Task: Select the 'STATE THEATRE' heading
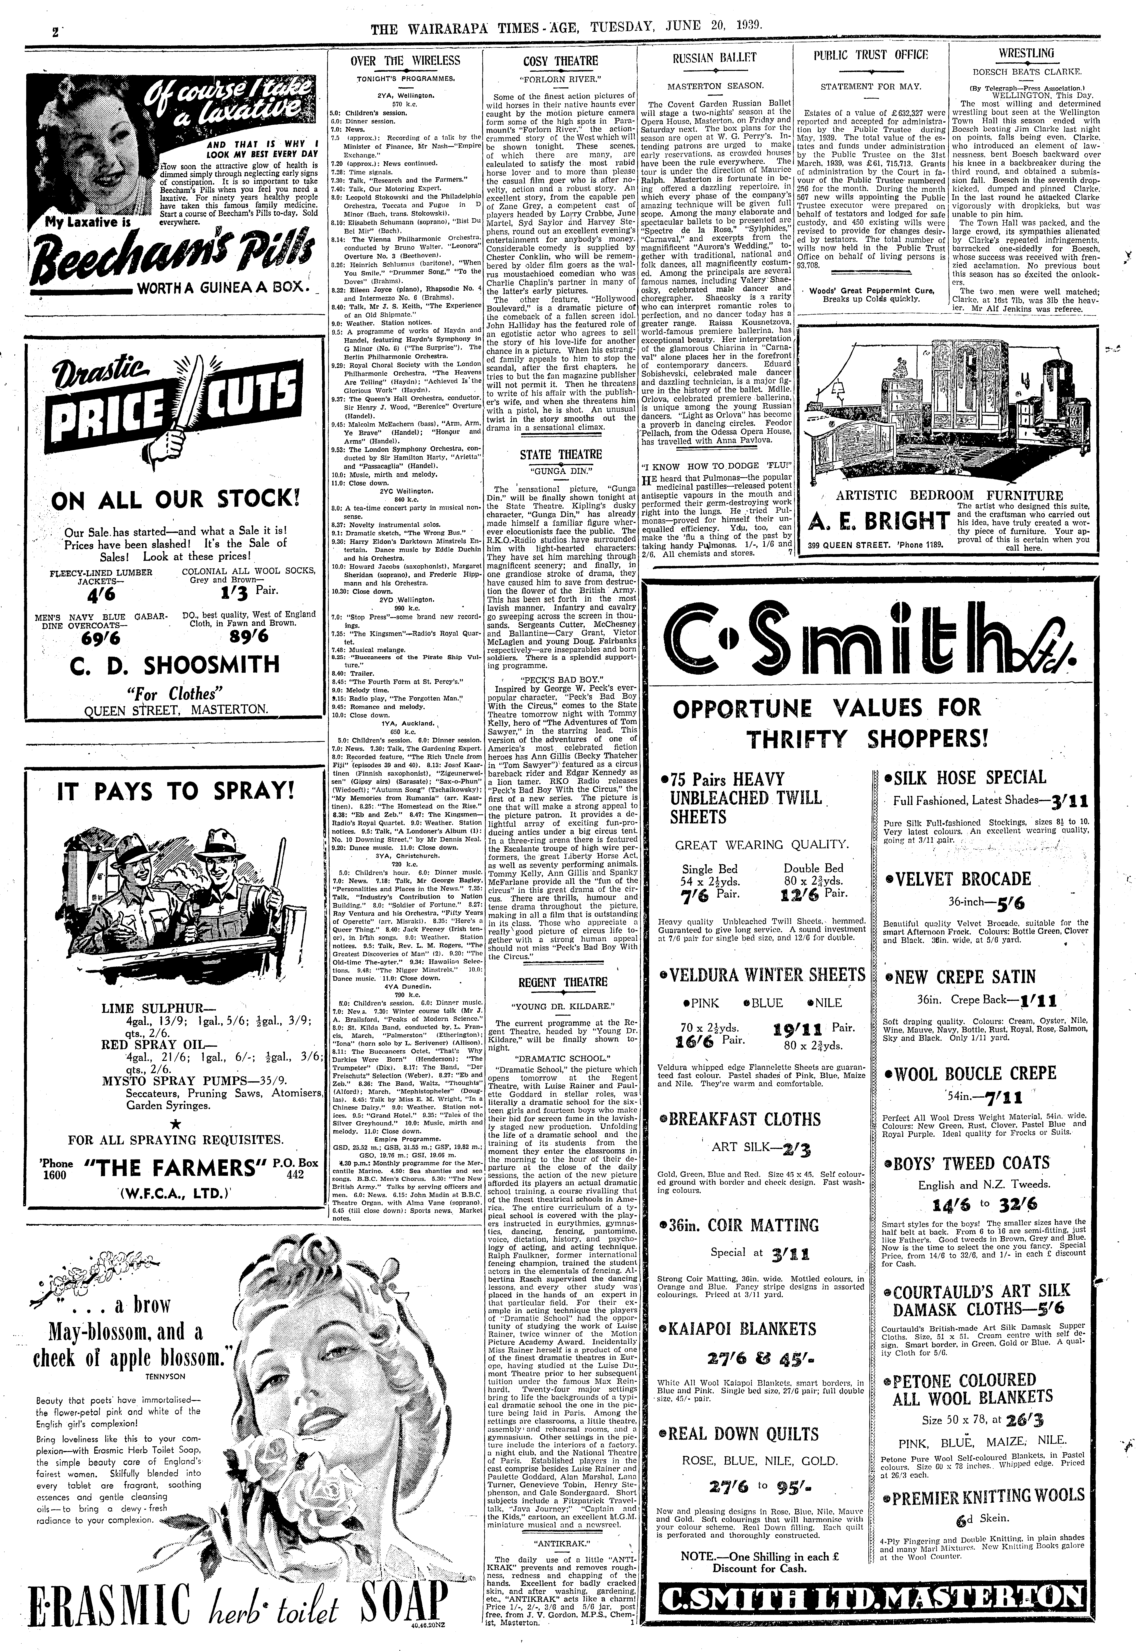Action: (x=560, y=454)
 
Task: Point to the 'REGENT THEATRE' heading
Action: (x=562, y=983)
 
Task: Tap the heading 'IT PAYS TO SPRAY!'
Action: (x=175, y=791)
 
